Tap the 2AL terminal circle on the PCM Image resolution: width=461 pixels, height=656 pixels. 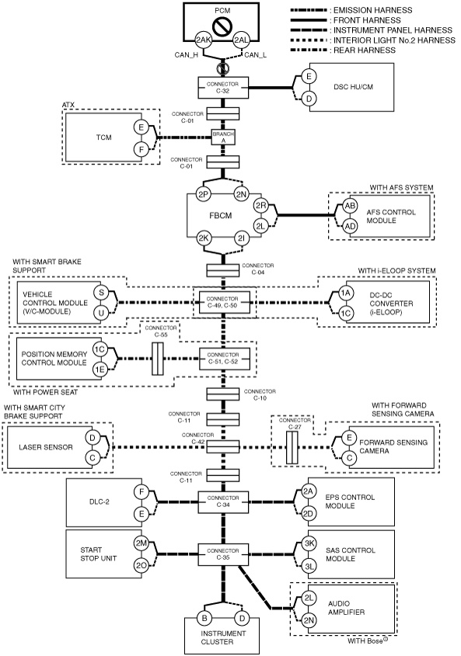(x=241, y=40)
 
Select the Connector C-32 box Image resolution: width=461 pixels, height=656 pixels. (x=223, y=88)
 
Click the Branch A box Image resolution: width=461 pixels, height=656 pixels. (x=223, y=137)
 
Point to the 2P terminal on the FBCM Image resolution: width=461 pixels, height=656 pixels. (x=204, y=194)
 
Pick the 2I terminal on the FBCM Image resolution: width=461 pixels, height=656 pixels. (x=242, y=238)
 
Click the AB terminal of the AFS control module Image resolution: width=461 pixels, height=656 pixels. (x=350, y=206)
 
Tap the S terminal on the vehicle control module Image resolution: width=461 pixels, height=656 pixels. (x=101, y=293)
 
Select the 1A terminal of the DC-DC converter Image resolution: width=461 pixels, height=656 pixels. (x=345, y=293)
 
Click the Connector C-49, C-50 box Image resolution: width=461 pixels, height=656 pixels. (x=223, y=302)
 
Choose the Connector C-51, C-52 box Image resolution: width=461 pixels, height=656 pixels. (x=223, y=358)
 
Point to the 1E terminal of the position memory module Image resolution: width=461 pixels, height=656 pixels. (x=100, y=370)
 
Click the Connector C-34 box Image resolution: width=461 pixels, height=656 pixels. (x=223, y=502)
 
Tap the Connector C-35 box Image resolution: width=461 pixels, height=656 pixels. (x=223, y=554)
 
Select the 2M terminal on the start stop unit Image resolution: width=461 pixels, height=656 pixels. (x=141, y=543)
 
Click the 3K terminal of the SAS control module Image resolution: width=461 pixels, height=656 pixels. (x=309, y=543)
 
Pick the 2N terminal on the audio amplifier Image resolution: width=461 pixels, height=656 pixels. (x=309, y=620)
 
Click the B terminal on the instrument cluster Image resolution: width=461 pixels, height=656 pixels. (x=204, y=618)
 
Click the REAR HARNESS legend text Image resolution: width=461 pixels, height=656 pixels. (x=364, y=50)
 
